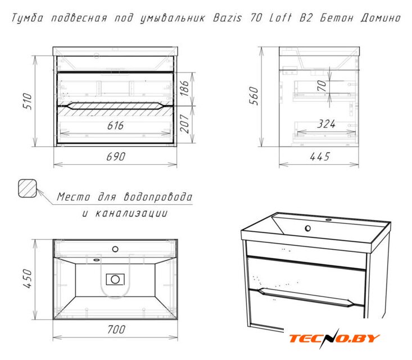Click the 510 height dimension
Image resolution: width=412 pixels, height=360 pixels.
pos(28,101)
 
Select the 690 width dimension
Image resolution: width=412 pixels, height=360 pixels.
pos(116,157)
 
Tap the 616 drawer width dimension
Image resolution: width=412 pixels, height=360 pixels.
pos(115,125)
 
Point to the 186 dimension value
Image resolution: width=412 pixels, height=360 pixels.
pos(184,88)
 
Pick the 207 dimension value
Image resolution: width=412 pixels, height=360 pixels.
pos(184,124)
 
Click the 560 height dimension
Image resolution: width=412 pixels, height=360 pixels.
pos(254,96)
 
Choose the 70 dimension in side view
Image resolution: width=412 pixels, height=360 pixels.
pos(322,85)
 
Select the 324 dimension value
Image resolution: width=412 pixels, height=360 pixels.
pos(326,124)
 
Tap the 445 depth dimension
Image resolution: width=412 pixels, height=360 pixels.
pos(319,157)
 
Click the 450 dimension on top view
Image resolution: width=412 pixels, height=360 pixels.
pos(28,278)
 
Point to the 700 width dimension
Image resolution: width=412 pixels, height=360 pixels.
pos(116,330)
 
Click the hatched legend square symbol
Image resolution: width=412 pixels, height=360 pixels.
pos(28,188)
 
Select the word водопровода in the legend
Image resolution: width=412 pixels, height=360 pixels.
pos(158,197)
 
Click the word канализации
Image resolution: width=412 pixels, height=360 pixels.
pos(132,213)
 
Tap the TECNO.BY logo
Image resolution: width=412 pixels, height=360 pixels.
pos(334,338)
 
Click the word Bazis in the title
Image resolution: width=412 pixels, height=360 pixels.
pos(227,18)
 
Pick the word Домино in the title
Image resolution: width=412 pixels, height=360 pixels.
pos(381,18)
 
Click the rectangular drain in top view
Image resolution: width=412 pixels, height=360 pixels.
pos(115,279)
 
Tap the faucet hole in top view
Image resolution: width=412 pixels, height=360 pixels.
pos(115,249)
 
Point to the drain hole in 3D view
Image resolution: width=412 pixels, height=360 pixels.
pos(307,228)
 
